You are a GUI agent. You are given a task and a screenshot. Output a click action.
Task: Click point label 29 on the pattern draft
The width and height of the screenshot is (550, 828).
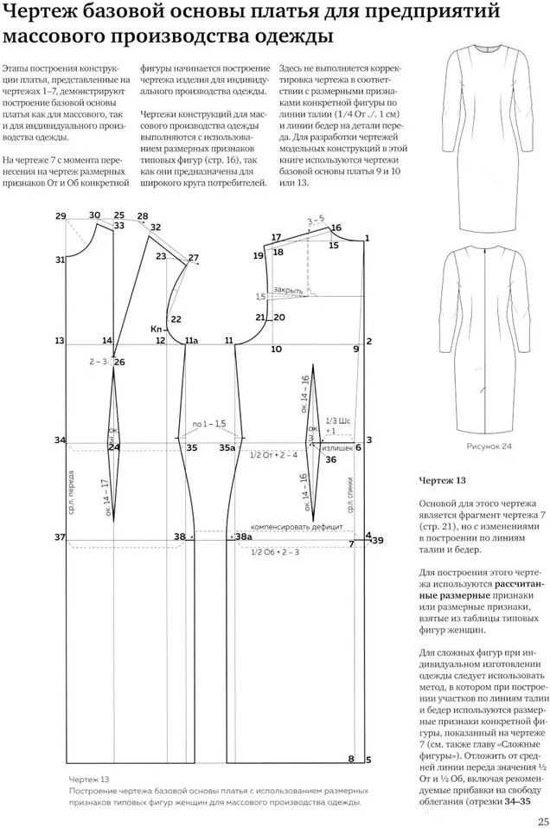[60, 215]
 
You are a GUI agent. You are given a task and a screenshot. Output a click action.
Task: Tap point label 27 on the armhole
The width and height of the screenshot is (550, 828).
[193, 258]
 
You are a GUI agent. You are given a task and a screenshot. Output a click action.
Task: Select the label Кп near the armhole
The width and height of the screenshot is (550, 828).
[157, 329]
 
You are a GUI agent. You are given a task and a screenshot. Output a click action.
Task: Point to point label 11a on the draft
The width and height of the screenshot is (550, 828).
[191, 341]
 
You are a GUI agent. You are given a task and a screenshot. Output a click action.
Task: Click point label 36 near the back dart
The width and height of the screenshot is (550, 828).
[330, 459]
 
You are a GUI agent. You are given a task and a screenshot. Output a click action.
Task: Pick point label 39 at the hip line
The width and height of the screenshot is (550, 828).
[377, 540]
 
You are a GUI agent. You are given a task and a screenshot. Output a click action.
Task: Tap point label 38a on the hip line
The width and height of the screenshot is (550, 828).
[243, 537]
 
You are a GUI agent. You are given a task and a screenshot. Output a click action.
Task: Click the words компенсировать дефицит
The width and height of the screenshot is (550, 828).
[285, 526]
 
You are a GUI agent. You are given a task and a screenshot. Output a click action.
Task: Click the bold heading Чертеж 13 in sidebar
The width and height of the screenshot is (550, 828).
[442, 479]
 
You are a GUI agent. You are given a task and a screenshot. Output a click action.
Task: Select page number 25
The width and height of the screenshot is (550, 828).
[541, 821]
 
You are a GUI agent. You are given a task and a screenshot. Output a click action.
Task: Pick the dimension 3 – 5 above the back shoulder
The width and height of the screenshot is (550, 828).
[316, 219]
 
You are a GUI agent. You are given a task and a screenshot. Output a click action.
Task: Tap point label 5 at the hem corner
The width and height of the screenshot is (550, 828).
[368, 761]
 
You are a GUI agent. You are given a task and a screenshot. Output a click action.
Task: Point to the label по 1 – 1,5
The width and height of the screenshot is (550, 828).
[208, 423]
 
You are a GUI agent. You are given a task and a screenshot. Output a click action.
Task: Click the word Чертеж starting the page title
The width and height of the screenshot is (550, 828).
[40, 13]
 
